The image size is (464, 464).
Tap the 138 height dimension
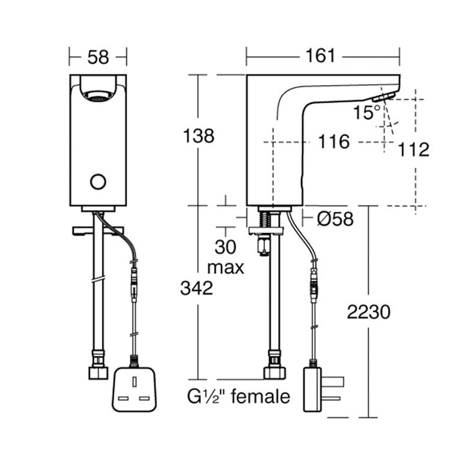(198, 136)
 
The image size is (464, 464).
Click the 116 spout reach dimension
(335, 142)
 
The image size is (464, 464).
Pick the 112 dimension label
(414, 150)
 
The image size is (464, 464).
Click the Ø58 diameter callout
(335, 219)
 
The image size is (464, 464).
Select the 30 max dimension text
(226, 257)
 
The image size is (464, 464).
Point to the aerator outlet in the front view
(98, 95)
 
